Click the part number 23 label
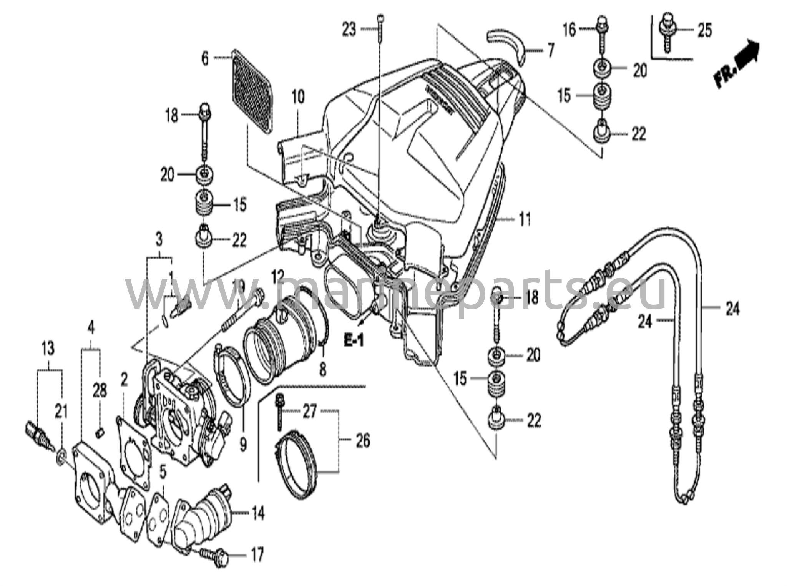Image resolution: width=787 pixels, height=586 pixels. (349, 29)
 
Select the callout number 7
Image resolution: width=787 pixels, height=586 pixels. (551, 51)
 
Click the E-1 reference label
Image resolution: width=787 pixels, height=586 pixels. (353, 340)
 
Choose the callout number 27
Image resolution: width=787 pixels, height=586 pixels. (309, 412)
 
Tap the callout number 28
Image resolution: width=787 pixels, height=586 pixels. (100, 392)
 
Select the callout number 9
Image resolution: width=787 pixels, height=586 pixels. (243, 445)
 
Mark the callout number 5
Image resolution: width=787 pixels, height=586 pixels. (163, 473)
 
